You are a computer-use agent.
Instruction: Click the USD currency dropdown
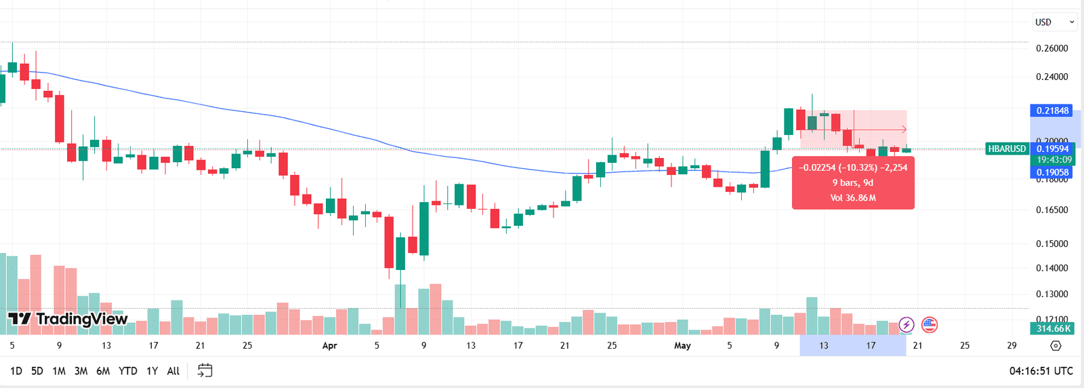point(1054,22)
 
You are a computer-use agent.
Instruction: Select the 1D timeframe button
point(16,371)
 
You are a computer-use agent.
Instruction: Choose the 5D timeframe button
point(37,371)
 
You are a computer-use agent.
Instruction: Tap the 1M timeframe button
point(59,371)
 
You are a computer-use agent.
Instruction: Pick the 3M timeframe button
point(81,371)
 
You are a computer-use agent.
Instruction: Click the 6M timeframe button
point(103,371)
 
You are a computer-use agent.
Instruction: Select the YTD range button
point(128,371)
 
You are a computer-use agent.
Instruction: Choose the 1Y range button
point(152,371)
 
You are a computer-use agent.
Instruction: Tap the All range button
point(173,371)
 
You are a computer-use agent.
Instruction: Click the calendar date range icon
point(205,370)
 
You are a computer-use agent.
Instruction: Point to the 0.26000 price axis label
point(1051,48)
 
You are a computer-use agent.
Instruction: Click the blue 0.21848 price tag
point(1052,111)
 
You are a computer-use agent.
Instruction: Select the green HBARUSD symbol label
point(1007,149)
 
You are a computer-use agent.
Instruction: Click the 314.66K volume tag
point(1054,328)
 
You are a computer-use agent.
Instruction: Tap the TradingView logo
point(68,319)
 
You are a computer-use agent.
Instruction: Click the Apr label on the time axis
point(329,345)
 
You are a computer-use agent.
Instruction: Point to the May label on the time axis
point(682,345)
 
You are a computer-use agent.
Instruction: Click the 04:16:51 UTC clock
point(1041,371)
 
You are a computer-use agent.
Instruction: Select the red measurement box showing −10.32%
point(853,182)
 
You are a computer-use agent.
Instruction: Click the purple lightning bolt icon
point(906,325)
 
